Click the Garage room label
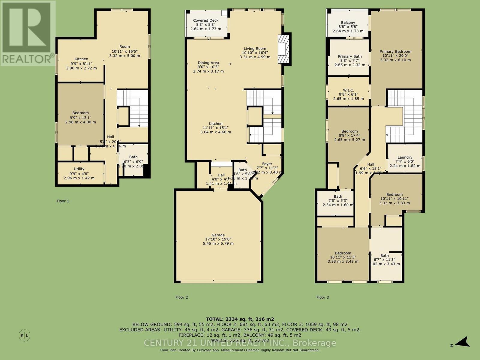pyautogui.click(x=218, y=235)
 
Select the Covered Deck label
pyautogui.click(x=206, y=21)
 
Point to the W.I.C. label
pyautogui.click(x=348, y=90)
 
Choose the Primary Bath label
pyautogui.click(x=350, y=56)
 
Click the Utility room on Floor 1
pyautogui.click(x=79, y=173)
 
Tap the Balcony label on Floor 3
pyautogui.click(x=348, y=22)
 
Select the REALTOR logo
pyautogui.click(x=27, y=33)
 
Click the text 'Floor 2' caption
pyautogui.click(x=181, y=297)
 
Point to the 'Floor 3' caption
pyautogui.click(x=322, y=297)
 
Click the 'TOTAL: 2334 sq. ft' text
pyautogui.click(x=240, y=319)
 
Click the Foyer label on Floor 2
pyautogui.click(x=267, y=164)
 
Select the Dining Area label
pyautogui.click(x=208, y=63)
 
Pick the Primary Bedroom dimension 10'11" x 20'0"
pyautogui.click(x=395, y=56)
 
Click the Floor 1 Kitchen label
pyautogui.click(x=81, y=59)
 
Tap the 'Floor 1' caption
pyautogui.click(x=63, y=201)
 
